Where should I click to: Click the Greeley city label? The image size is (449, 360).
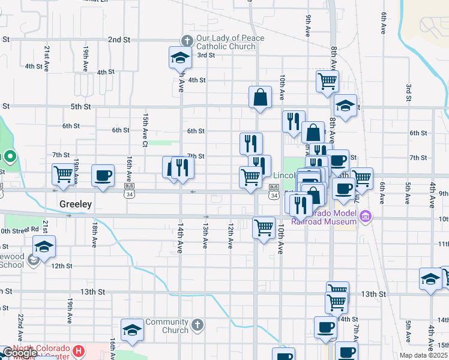(x=76, y=204)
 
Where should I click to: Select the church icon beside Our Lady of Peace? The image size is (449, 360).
(x=187, y=40)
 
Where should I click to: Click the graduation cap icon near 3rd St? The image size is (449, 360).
(x=179, y=58)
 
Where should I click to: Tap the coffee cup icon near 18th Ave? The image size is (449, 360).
(x=103, y=175)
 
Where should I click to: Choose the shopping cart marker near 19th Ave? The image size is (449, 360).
(x=63, y=175)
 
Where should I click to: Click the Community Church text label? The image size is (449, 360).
(x=167, y=326)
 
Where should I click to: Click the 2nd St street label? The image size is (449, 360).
(x=119, y=40)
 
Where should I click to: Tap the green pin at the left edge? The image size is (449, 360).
(x=10, y=158)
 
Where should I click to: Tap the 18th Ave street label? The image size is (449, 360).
(x=94, y=234)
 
